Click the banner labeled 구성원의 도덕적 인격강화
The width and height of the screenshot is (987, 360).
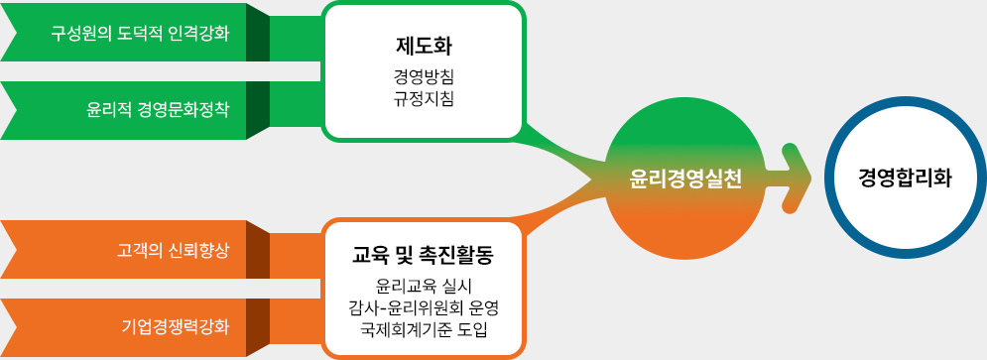coord(139,34)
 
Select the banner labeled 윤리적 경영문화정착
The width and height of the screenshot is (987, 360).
coord(139,109)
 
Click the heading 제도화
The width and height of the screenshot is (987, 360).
coord(424,46)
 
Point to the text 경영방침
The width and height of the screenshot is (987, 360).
coord(424,75)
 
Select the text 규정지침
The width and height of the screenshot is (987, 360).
coord(424,97)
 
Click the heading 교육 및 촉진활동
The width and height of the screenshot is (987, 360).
coord(424,257)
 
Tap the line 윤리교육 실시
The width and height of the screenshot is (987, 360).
coord(424,287)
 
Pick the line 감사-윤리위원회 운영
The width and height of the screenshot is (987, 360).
coord(424,307)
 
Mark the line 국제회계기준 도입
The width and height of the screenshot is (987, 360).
coord(424,328)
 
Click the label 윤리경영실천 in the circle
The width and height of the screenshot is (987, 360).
coord(685,179)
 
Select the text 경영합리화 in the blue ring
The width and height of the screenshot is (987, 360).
coord(905,179)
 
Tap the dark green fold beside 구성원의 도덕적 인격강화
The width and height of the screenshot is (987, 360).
coord(258,34)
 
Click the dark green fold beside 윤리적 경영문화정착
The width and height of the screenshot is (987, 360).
coord(258,109)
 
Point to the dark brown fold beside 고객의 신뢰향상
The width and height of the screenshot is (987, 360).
coord(258,249)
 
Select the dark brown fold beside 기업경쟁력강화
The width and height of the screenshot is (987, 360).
coord(258,325)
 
